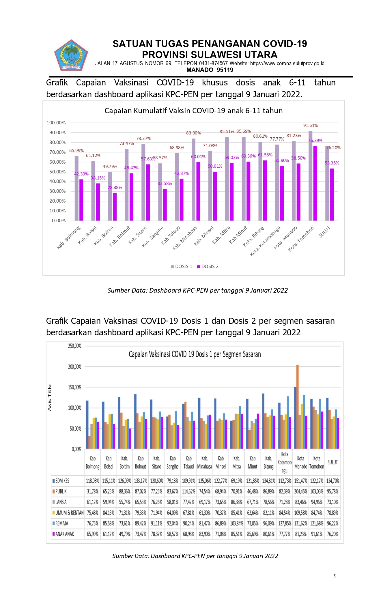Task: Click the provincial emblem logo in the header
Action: click(x=71, y=56)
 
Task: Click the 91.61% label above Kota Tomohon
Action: click(x=310, y=126)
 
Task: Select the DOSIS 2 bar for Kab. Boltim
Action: click(x=115, y=207)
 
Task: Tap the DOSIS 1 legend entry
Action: click(x=181, y=266)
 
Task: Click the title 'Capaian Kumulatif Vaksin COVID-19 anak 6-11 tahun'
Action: click(x=193, y=111)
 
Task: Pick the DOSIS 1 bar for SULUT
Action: click(x=327, y=183)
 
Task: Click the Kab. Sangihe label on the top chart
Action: click(x=153, y=237)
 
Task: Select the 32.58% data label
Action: click(x=165, y=184)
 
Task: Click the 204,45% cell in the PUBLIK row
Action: click(x=300, y=491)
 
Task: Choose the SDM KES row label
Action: click(x=62, y=481)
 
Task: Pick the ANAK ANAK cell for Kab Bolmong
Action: click(x=93, y=534)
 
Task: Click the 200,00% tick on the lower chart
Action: click(x=75, y=367)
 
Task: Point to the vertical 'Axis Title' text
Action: click(x=49, y=398)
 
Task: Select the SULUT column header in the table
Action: click(x=332, y=462)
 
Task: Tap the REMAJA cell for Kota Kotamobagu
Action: click(x=284, y=523)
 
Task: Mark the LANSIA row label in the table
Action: click(x=61, y=502)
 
